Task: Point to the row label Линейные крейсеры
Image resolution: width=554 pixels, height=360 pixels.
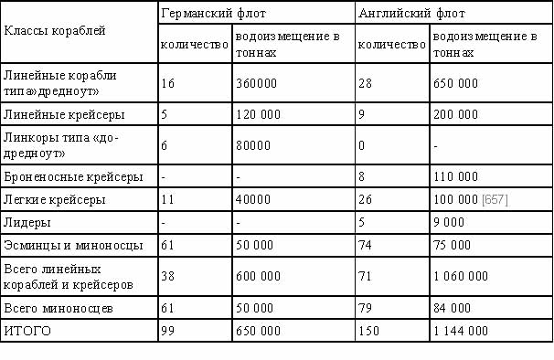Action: click(64, 116)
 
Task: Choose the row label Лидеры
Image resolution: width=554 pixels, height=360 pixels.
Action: click(27, 222)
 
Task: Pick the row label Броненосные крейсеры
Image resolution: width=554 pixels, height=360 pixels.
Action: click(72, 175)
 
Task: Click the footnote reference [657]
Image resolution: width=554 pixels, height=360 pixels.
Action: click(495, 199)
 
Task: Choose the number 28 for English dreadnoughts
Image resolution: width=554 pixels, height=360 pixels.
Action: click(368, 82)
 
